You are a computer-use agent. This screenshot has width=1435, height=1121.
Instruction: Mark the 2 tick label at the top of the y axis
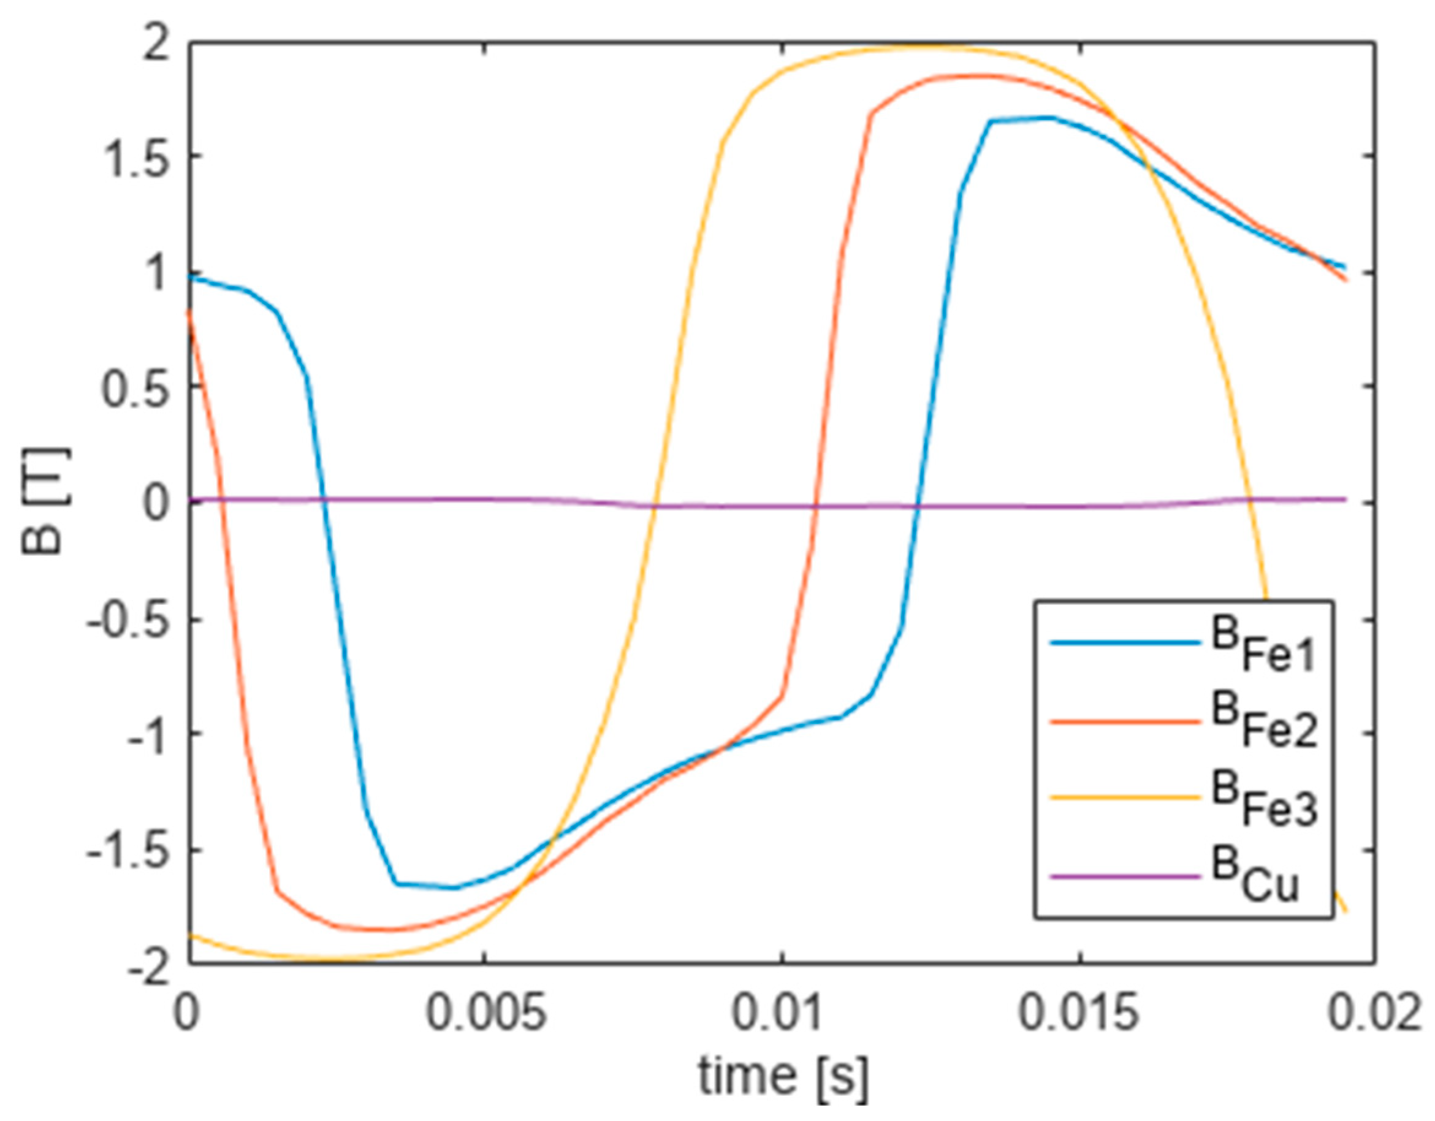pos(156,42)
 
